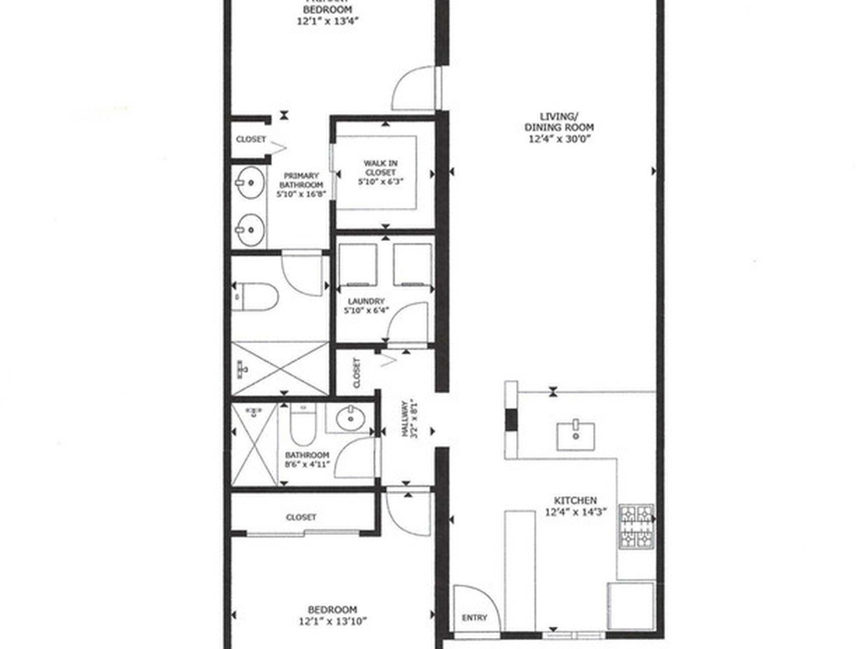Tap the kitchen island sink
(575, 434)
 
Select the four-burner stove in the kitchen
(636, 526)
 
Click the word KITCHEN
(576, 500)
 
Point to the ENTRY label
(475, 618)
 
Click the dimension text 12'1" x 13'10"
(331, 621)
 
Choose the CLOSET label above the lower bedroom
(301, 516)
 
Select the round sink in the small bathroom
(346, 417)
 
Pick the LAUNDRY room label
(364, 301)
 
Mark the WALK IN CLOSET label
(380, 167)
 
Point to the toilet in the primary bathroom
(256, 296)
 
